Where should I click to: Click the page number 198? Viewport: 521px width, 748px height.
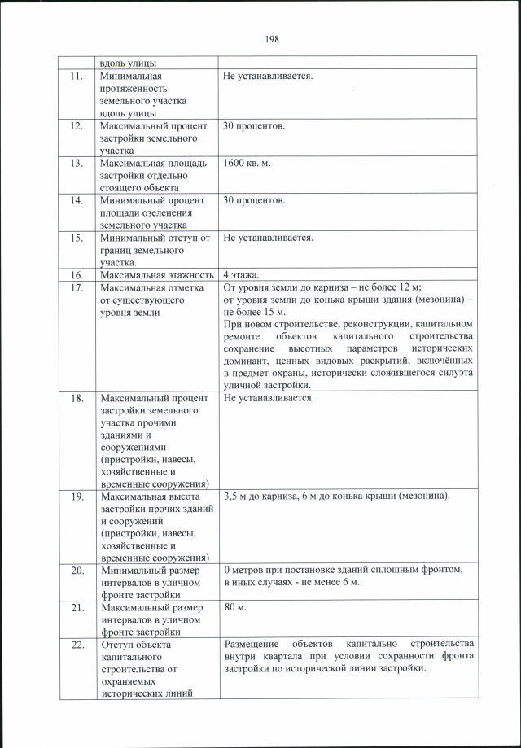point(271,37)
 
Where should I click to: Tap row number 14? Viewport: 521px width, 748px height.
point(77,199)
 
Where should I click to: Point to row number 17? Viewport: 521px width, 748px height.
point(77,287)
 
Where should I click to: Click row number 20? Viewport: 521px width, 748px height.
point(77,570)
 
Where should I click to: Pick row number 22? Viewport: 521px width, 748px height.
point(77,644)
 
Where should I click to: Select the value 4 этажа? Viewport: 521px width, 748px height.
point(243,275)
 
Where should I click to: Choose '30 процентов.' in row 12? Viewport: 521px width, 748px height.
point(254,126)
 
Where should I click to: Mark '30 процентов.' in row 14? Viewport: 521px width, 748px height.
point(254,199)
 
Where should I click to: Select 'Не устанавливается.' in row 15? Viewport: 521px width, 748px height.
point(268,238)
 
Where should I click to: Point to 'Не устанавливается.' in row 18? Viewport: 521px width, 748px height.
point(268,398)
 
